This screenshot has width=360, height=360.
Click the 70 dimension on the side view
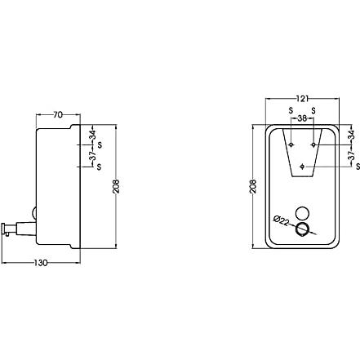click(x=58, y=115)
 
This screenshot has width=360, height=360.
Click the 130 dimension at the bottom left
click(x=41, y=263)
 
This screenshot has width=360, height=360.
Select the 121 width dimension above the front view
click(x=302, y=99)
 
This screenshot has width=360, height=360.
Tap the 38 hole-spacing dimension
click(x=302, y=118)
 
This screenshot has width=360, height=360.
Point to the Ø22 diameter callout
click(x=282, y=221)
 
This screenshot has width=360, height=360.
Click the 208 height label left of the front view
click(x=253, y=186)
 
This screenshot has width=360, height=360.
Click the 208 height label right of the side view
click(x=116, y=186)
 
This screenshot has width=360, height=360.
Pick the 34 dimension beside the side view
click(x=93, y=135)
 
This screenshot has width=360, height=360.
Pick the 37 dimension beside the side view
click(x=93, y=156)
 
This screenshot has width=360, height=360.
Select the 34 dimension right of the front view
click(x=351, y=135)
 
